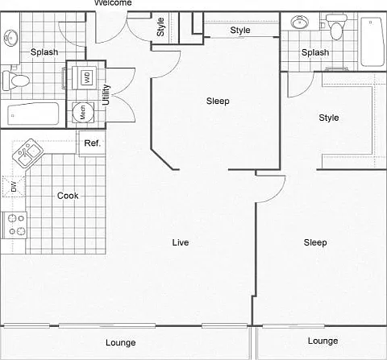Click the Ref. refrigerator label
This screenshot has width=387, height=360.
92,143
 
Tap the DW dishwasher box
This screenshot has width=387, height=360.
14,187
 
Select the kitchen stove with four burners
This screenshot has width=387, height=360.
15,225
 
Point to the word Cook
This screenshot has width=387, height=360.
68,196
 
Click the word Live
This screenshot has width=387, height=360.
181,242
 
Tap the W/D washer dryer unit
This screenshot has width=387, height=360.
84,77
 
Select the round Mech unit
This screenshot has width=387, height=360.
83,113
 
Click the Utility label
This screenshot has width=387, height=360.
106,95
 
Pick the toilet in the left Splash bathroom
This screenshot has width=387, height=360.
15,80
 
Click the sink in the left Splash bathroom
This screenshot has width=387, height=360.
11,39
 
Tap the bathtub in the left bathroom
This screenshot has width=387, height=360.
33,114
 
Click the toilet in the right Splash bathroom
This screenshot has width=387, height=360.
336,27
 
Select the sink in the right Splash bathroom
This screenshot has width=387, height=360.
300,22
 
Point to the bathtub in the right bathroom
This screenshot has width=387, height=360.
372,42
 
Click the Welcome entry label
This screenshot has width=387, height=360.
113,2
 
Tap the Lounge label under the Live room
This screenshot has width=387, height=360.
121,343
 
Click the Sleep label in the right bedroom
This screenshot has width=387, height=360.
315,242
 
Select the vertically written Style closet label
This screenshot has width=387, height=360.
160,27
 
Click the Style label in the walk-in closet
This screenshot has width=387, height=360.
329,118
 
